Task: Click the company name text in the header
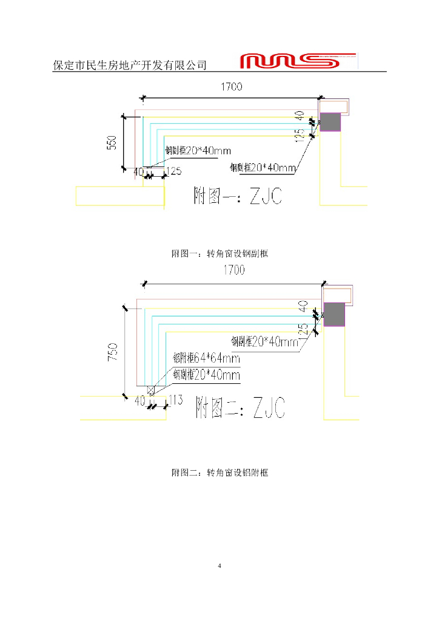point(130,65)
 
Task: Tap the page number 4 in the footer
point(219,566)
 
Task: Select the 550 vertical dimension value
point(112,142)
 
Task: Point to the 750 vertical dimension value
point(113,353)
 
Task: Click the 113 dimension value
point(175,400)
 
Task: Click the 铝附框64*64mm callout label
point(206,359)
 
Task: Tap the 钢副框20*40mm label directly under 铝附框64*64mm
point(206,375)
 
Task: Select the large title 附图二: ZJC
point(240,408)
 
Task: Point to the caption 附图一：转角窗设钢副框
point(219,254)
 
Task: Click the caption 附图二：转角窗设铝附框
point(219,472)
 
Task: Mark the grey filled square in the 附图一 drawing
point(330,122)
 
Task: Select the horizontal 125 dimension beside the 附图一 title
point(173,171)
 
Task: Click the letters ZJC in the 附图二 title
point(269,408)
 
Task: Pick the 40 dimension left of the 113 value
point(140,401)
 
